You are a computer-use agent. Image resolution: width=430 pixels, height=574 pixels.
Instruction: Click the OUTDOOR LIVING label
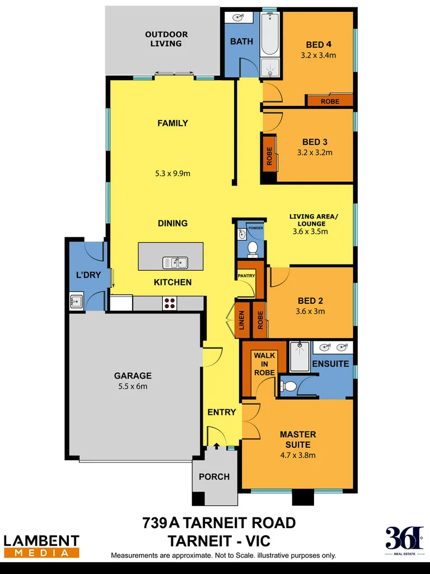pyautogui.click(x=166, y=39)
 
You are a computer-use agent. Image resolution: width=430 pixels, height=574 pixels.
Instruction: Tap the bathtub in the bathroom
pyautogui.click(x=270, y=34)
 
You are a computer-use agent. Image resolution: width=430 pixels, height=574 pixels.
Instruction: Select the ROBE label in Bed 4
pyautogui.click(x=330, y=101)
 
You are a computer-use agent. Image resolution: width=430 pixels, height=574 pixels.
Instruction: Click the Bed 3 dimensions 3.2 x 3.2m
pyautogui.click(x=314, y=152)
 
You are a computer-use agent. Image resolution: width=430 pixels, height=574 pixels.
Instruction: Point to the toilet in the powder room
pyautogui.click(x=252, y=247)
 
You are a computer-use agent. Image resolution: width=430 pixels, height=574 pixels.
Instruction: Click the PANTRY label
pyautogui.click(x=246, y=276)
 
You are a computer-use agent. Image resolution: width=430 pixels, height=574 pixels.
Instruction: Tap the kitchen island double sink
pyautogui.click(x=175, y=262)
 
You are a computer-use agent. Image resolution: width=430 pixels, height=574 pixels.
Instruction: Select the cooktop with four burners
pyautogui.click(x=170, y=303)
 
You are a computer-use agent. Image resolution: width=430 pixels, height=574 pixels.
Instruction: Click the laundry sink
pyautogui.click(x=76, y=301)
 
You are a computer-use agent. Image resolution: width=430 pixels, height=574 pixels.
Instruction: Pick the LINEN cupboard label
pyautogui.click(x=242, y=324)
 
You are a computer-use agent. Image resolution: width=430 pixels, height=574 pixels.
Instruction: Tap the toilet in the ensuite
pyautogui.click(x=288, y=386)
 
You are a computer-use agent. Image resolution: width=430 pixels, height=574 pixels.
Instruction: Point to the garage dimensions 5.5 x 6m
pyautogui.click(x=133, y=386)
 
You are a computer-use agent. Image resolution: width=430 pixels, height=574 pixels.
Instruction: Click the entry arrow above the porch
pyautogui.click(x=217, y=446)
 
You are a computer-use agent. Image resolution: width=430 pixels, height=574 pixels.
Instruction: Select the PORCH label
pyautogui.click(x=214, y=476)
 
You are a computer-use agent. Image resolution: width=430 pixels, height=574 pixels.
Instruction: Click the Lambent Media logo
pyautogui.click(x=41, y=546)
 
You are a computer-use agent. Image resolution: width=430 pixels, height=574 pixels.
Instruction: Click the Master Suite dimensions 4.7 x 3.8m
pyautogui.click(x=298, y=455)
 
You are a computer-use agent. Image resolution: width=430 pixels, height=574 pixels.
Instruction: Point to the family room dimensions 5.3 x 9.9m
pyautogui.click(x=172, y=173)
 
